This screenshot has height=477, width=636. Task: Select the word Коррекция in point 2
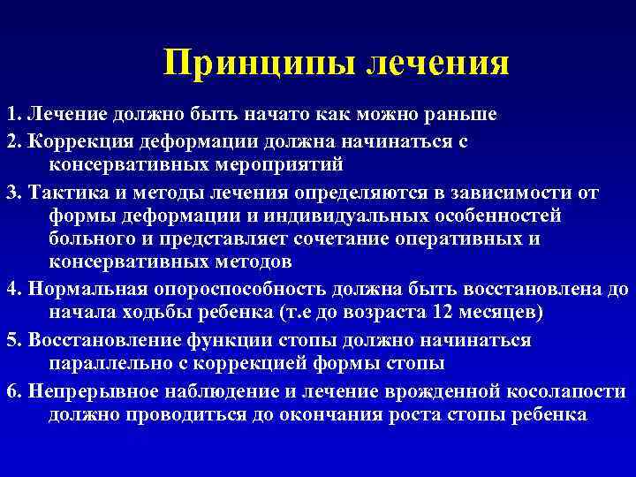click(x=79, y=140)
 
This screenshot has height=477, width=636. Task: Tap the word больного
click(x=91, y=239)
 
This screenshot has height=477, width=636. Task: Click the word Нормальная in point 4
click(x=87, y=289)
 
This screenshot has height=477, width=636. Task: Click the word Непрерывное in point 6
click(x=87, y=390)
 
